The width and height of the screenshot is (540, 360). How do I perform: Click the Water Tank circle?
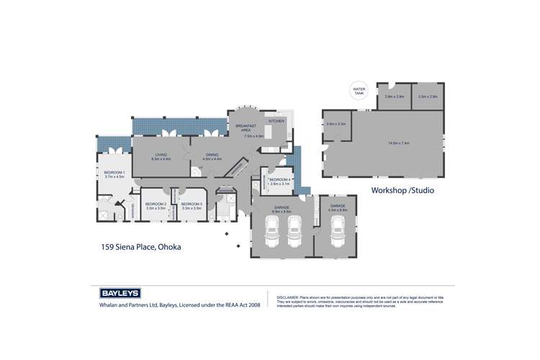pos(359,91)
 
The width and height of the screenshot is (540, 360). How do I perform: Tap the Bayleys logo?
pos(119,293)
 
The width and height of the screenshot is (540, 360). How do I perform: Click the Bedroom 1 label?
pos(114,174)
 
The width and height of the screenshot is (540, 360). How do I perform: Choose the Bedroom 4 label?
pos(279,181)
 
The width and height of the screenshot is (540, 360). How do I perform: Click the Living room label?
pos(161,156)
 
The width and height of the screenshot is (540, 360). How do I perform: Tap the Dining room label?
pos(212,156)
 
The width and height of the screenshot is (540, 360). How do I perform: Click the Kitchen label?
pos(277,121)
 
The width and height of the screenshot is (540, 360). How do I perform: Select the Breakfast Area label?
pos(246,128)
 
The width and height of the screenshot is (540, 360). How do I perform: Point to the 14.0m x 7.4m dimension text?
pos(398,143)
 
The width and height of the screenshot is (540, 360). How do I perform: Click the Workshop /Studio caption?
pos(402,191)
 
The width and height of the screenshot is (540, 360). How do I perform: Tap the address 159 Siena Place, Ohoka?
pos(140,247)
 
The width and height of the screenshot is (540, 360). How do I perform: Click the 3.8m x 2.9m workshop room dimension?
pos(394,96)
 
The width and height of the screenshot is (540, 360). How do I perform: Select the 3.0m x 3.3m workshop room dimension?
pos(336,125)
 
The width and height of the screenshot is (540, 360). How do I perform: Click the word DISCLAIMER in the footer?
pos(288,297)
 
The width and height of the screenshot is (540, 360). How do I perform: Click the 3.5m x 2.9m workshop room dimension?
pos(428,96)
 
